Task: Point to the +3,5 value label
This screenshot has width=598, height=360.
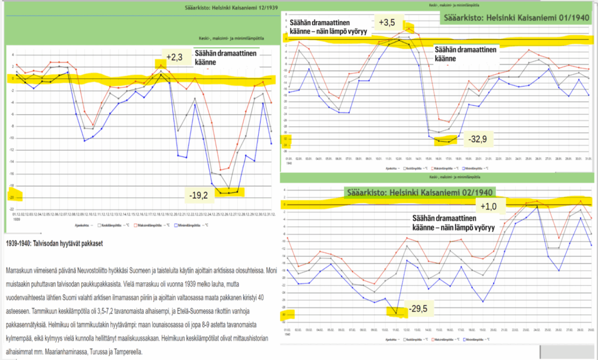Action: point(387,23)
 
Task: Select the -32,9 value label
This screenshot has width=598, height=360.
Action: point(478,139)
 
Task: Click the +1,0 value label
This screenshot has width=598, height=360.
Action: point(488,207)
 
